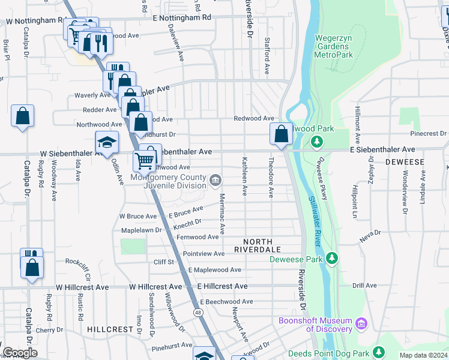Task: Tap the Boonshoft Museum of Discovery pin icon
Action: pyautogui.click(x=361, y=325)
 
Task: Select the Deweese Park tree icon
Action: pyautogui.click(x=331, y=259)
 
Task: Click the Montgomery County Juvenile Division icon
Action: pyautogui.click(x=215, y=179)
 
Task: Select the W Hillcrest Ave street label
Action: pyautogui.click(x=83, y=287)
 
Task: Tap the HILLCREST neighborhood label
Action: pyautogui.click(x=109, y=329)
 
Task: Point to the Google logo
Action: pyautogui.click(x=20, y=353)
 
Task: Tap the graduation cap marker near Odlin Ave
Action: pyautogui.click(x=106, y=142)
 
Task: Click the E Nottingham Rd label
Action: pyautogui.click(x=181, y=17)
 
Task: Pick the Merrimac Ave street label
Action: pyautogui.click(x=221, y=214)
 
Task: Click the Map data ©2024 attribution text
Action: pyautogui.click(x=423, y=355)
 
